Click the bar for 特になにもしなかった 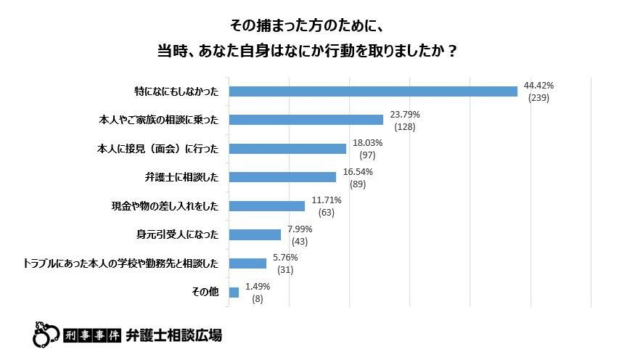point(373,91)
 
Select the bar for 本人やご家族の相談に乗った point(306,120)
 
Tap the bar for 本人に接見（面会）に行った point(287,149)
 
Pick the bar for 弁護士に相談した point(282,177)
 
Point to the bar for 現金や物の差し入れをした point(266,206)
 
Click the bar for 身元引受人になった point(255,234)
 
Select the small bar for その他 point(234,292)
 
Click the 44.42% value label point(538,86)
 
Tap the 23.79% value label point(404,114)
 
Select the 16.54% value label point(357,171)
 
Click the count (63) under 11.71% point(326,213)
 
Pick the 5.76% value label point(284,257)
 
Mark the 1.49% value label point(257,286)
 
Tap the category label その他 point(205,292)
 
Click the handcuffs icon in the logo point(46,334)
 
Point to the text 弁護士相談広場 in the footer point(174,335)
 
